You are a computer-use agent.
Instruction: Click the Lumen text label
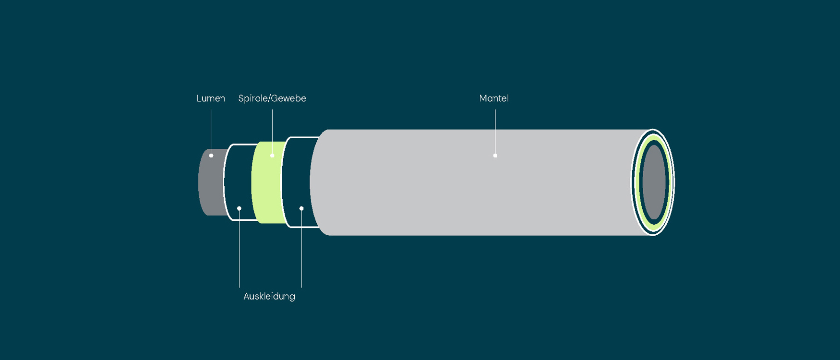pyautogui.click(x=211, y=98)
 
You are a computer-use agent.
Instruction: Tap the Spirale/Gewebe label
pyautogui.click(x=272, y=98)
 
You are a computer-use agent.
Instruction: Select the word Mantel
pyautogui.click(x=494, y=98)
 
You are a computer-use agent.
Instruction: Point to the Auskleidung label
pyautogui.click(x=269, y=297)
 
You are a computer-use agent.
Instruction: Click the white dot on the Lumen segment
pyautogui.click(x=211, y=156)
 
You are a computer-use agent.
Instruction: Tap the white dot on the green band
pyautogui.click(x=272, y=156)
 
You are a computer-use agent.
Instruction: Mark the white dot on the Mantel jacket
pyautogui.click(x=495, y=156)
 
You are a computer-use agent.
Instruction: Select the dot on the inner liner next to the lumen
pyautogui.click(x=239, y=208)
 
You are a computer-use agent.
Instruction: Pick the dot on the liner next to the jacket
pyautogui.click(x=301, y=208)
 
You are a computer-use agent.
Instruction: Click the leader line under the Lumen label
pyautogui.click(x=211, y=130)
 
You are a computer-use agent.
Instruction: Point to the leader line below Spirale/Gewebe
pyautogui.click(x=272, y=130)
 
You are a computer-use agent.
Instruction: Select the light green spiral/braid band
pyautogui.click(x=266, y=192)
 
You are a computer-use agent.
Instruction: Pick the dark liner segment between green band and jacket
pyautogui.click(x=300, y=178)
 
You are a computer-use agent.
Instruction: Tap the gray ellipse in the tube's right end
pyautogui.click(x=654, y=182)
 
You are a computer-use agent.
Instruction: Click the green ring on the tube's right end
pyautogui.click(x=639, y=182)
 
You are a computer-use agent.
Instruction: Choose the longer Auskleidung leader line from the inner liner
pyautogui.click(x=239, y=250)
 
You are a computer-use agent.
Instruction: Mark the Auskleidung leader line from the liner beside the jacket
pyautogui.click(x=301, y=250)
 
